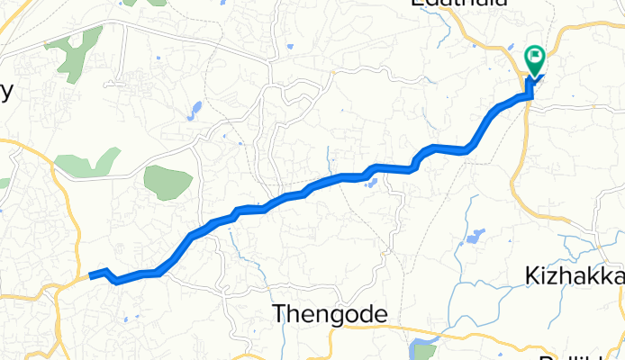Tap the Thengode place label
point(330,314)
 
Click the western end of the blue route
point(91,275)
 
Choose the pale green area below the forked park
point(87,163)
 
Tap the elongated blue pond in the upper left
point(195,110)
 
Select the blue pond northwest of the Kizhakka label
point(474,238)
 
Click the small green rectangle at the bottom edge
point(427,351)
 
